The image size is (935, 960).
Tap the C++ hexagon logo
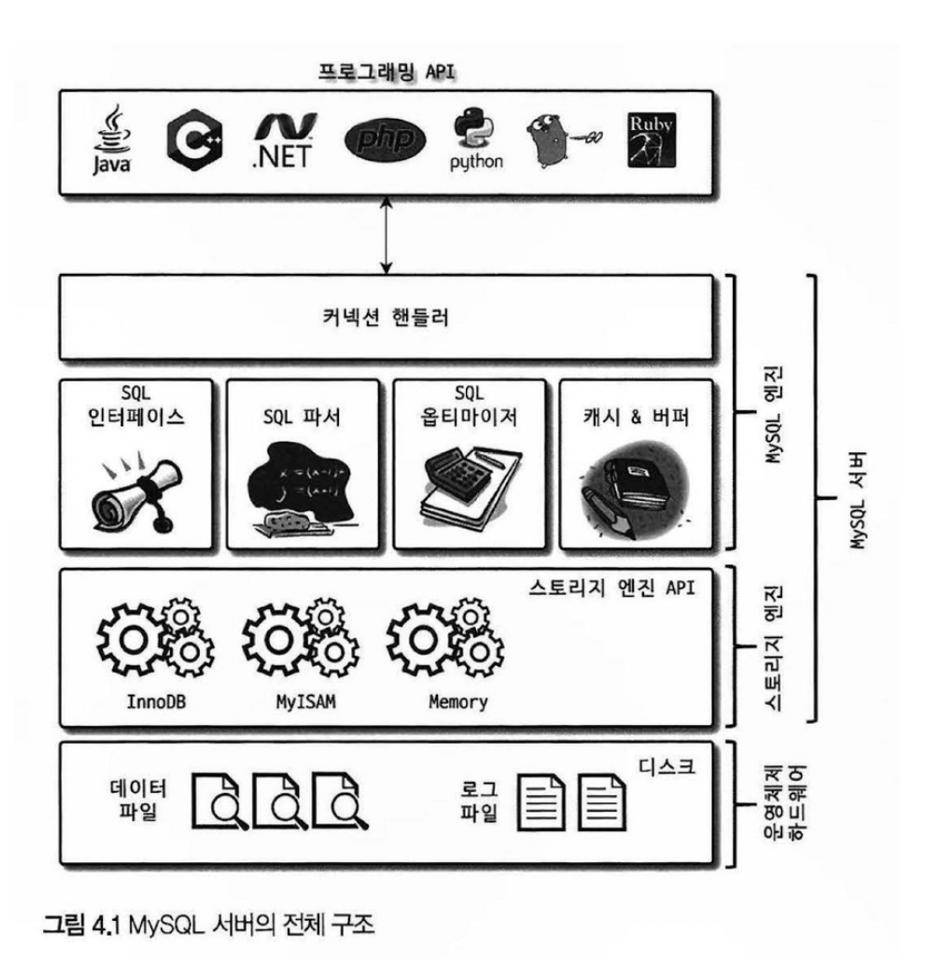(x=194, y=140)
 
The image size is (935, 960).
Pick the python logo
(x=475, y=140)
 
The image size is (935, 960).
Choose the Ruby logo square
(x=651, y=140)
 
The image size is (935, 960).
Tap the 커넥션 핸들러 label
(x=386, y=318)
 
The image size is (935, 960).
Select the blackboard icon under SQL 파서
(x=302, y=489)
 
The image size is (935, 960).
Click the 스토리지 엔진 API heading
(x=611, y=588)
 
